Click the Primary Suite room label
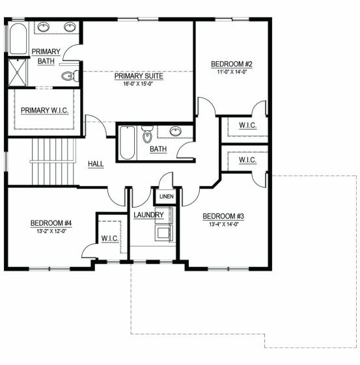(x=139, y=76)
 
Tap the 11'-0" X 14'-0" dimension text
(x=232, y=72)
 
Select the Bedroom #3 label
(x=223, y=216)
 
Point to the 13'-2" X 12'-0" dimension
(x=51, y=231)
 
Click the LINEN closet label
(x=167, y=196)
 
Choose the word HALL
(x=96, y=164)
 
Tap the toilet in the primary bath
(x=70, y=75)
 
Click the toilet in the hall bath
(x=147, y=134)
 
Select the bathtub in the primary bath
(x=18, y=38)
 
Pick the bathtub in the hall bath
(x=127, y=142)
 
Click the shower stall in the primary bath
(x=18, y=72)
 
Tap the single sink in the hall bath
(x=176, y=131)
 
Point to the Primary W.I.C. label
(x=45, y=111)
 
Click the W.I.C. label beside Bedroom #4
(x=110, y=238)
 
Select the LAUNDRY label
(x=148, y=215)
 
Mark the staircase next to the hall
(x=53, y=162)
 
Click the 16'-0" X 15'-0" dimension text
(x=138, y=84)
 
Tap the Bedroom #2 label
(x=232, y=64)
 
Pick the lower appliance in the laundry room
(x=164, y=233)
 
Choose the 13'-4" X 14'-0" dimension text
(x=224, y=224)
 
